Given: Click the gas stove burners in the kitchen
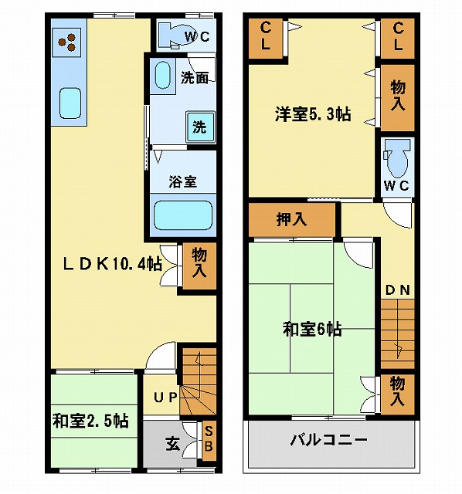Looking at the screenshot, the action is click(66, 42).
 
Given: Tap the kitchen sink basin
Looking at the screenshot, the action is click(70, 103).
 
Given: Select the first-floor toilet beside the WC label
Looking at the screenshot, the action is click(172, 36).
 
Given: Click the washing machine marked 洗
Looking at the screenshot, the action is click(200, 127).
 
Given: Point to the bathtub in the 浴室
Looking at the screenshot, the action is click(183, 215).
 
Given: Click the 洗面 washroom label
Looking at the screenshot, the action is click(194, 78).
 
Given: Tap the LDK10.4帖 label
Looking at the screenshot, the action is click(113, 263).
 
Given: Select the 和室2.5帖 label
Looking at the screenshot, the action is click(90, 421).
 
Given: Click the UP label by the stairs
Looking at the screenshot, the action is click(165, 398).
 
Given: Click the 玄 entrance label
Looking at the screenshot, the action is click(172, 445).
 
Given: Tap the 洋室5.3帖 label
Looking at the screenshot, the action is click(313, 113).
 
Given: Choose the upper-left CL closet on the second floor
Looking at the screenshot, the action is click(265, 39).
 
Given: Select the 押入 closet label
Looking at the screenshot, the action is click(291, 219).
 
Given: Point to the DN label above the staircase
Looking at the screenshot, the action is click(398, 290).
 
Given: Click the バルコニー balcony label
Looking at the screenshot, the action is click(329, 439).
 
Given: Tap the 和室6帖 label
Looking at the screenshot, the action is click(312, 329).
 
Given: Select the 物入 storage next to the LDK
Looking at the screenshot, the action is click(199, 266).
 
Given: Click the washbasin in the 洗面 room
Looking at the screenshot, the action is click(163, 76).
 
